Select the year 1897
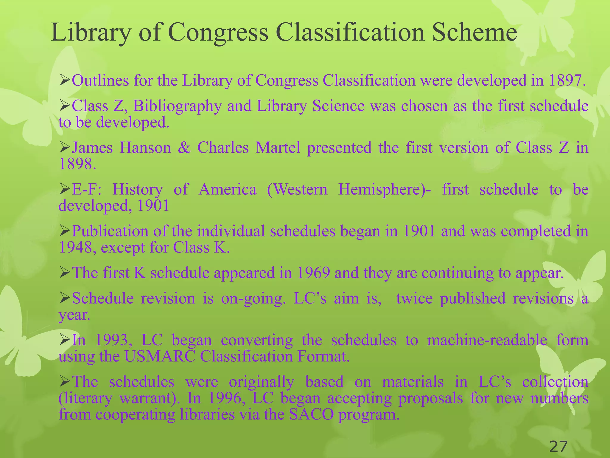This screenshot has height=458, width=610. click(564, 80)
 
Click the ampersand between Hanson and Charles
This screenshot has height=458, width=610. click(184, 148)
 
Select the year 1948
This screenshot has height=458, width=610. click(75, 247)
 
